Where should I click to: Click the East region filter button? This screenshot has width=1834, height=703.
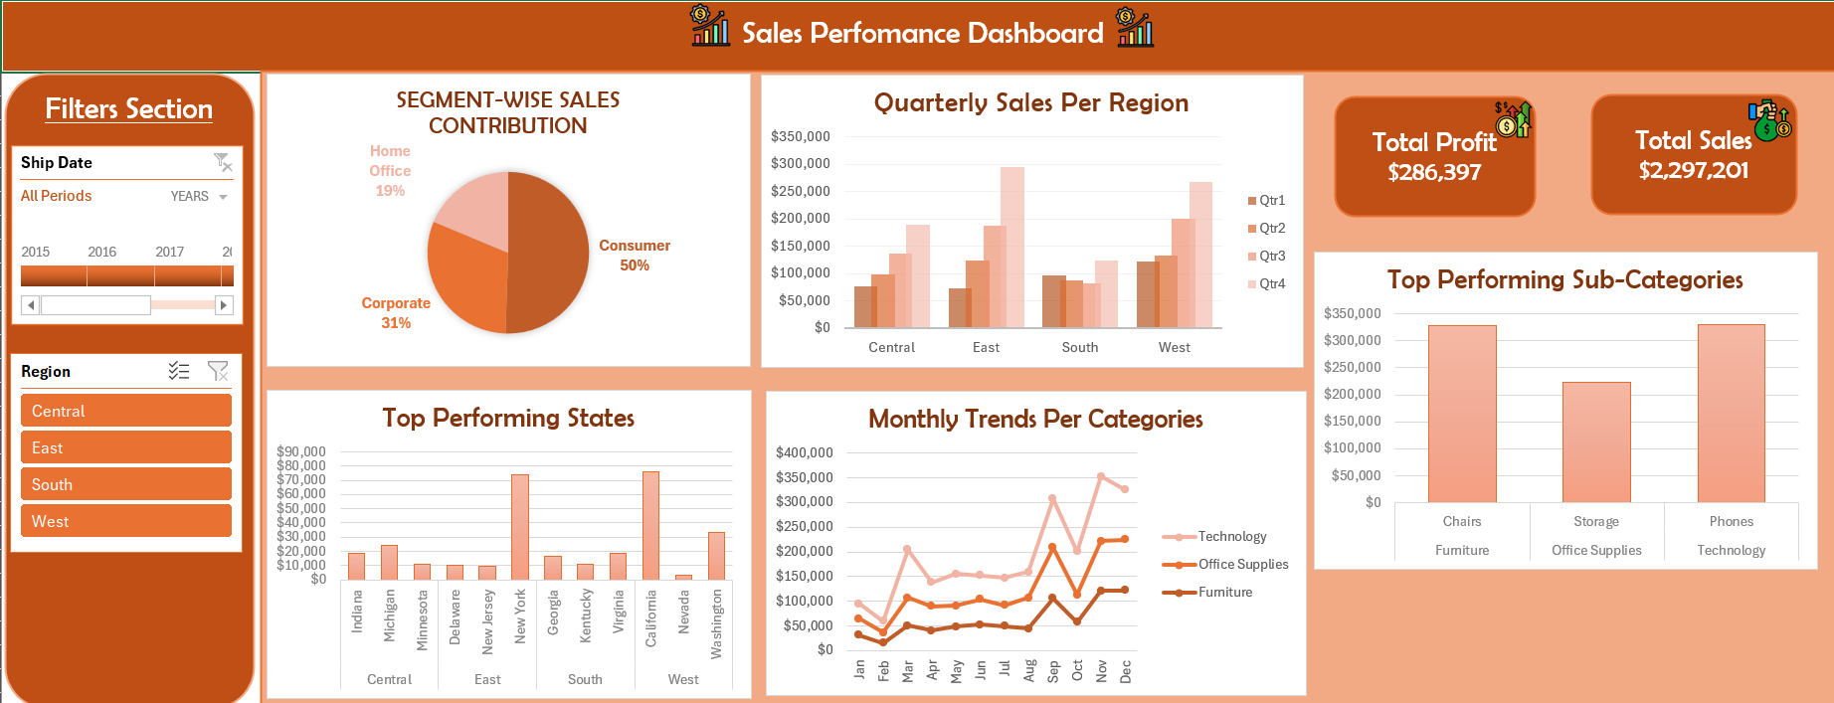125,447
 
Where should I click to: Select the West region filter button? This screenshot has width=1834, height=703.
125,521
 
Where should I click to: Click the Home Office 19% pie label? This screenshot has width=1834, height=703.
390,170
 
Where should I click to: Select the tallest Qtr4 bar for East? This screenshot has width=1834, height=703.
1012,247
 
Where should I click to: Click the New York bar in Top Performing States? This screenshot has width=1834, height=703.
520,527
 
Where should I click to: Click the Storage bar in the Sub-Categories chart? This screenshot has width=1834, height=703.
1595,441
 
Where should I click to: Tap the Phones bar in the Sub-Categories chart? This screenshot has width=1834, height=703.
1731,413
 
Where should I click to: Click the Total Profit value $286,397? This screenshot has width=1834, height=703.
1434,172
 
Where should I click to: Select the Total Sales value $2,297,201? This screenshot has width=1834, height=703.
1693,170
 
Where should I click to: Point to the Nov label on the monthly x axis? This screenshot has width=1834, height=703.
1101,671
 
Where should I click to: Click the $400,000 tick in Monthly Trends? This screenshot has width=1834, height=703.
804,452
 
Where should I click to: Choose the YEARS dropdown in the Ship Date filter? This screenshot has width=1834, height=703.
199,196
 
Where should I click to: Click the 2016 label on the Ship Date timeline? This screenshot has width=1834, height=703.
101,252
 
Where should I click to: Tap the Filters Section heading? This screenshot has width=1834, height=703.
129,108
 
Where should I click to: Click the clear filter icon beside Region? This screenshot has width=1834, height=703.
218,371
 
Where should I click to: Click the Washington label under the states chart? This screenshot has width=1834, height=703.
716,623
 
